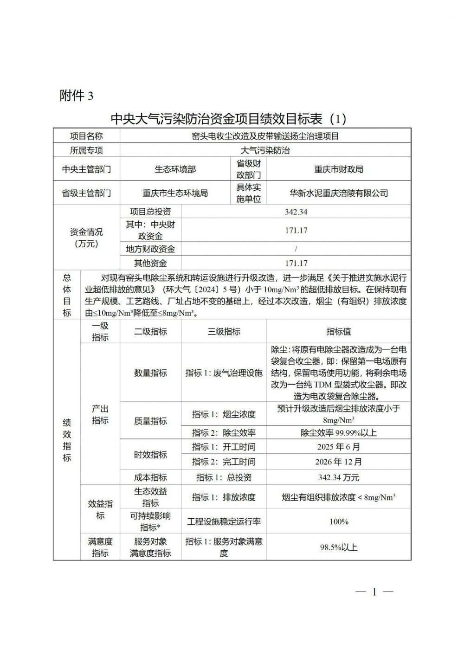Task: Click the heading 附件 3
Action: (77, 96)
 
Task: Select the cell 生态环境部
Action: (175, 169)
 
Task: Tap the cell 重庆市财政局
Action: (339, 169)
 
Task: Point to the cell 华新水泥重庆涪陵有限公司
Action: (339, 193)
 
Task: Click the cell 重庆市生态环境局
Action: (175, 193)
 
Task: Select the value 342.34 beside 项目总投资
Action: (296, 212)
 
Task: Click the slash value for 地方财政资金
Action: (296, 249)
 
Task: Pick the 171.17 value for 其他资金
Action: (296, 264)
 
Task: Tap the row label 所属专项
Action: (86, 150)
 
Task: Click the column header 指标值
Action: (339, 332)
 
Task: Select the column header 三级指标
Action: (224, 332)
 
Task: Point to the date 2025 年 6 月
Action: (339, 447)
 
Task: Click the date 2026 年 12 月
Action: (339, 462)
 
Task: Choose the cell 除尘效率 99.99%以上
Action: (339, 433)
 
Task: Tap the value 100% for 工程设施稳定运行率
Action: (339, 522)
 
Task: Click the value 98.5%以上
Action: (339, 547)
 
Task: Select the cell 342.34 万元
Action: (339, 477)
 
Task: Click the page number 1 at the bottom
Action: (374, 592)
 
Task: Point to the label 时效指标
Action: (150, 455)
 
